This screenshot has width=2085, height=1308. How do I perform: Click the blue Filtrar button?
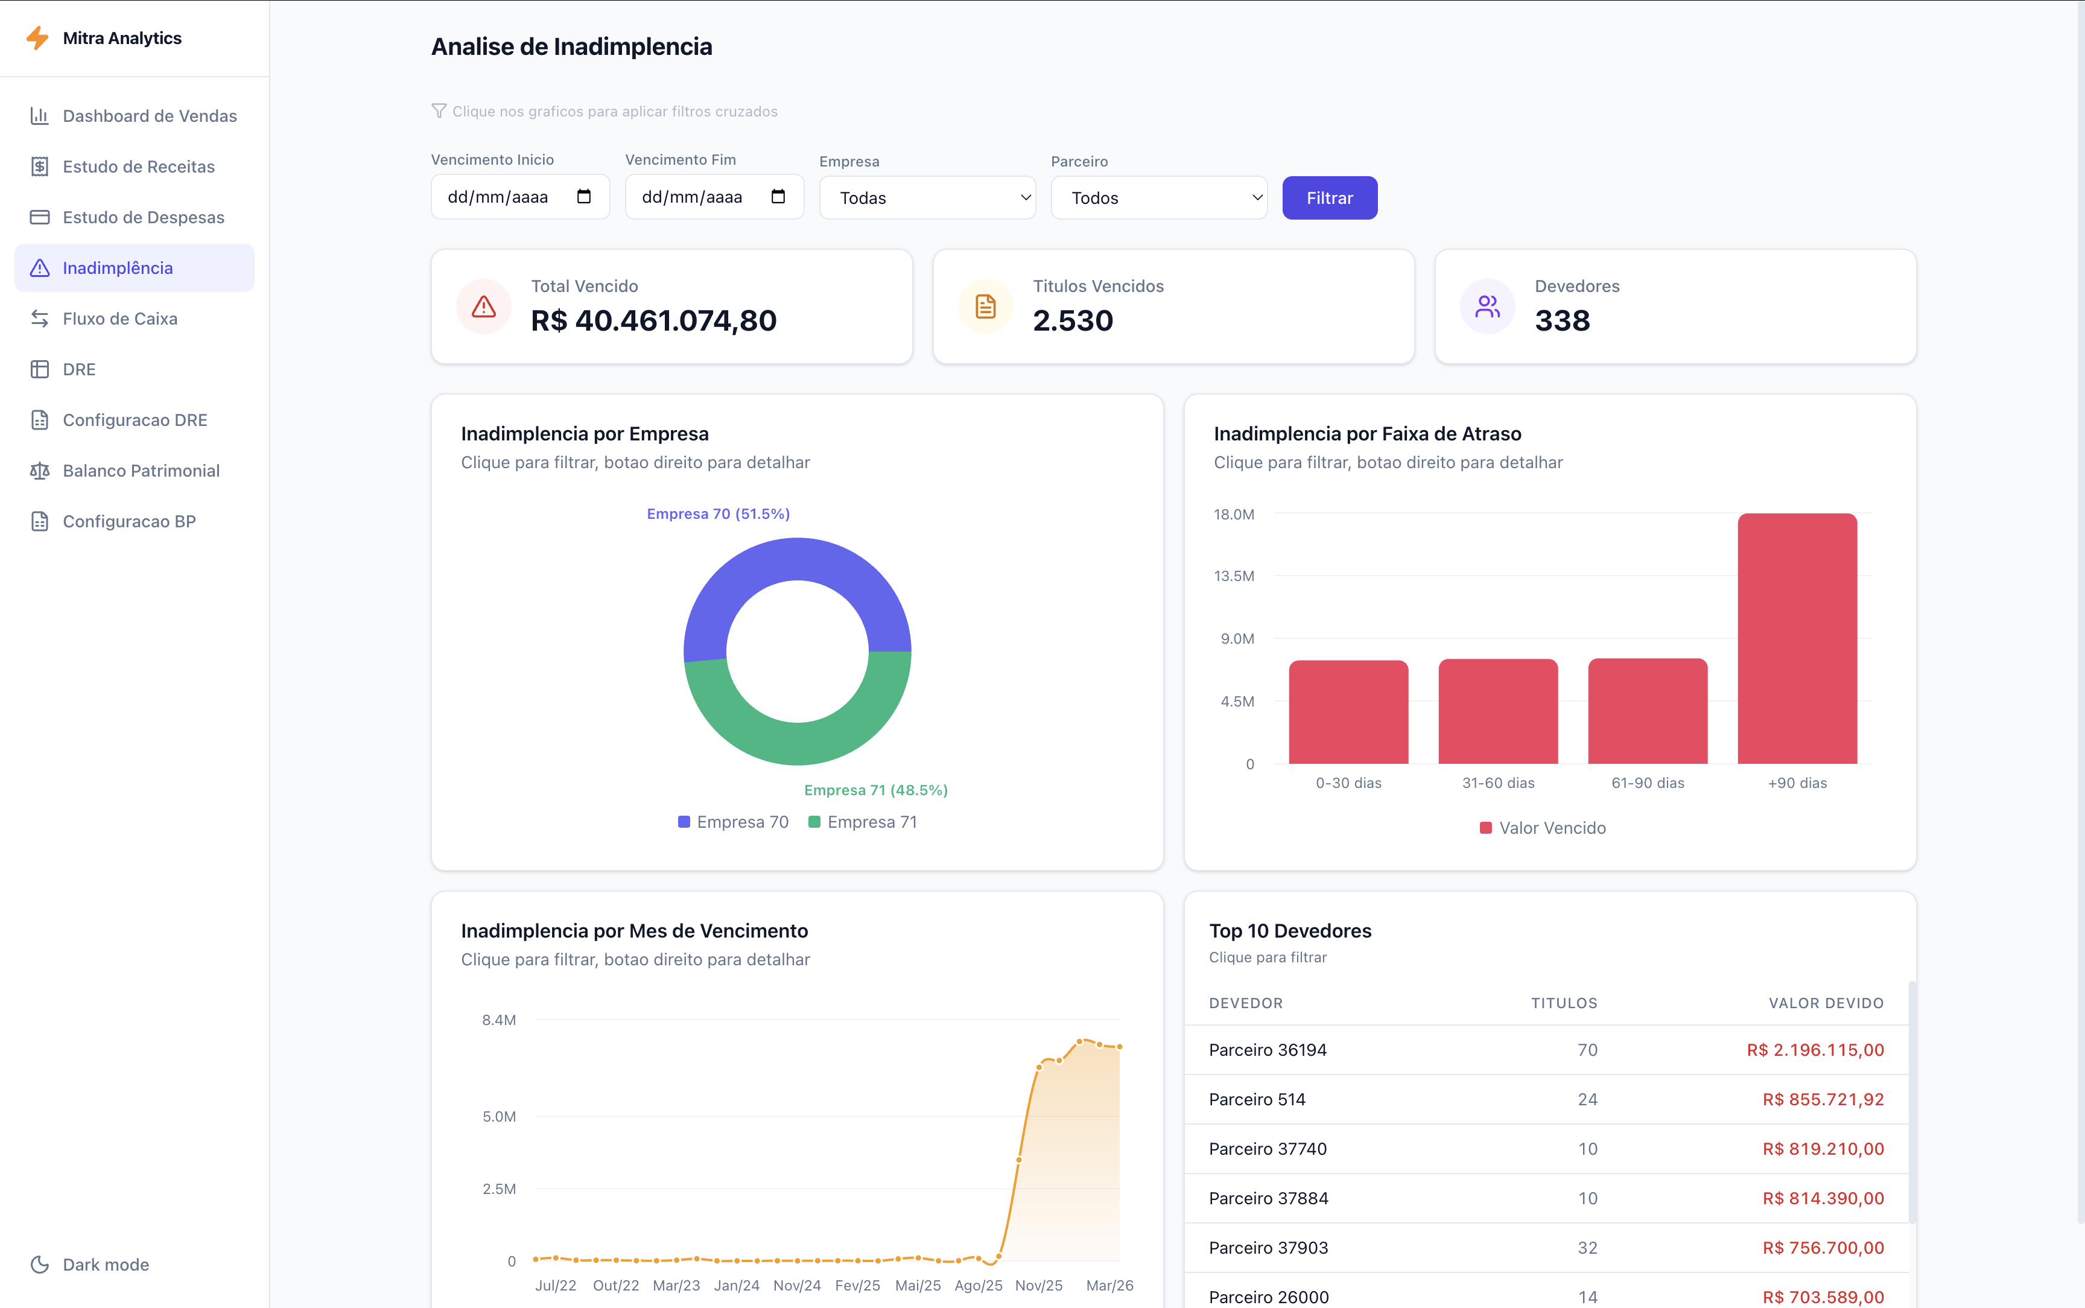(x=1329, y=198)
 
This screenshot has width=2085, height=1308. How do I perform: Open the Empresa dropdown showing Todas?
(x=927, y=198)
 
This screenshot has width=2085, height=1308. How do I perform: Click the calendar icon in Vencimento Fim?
(x=778, y=196)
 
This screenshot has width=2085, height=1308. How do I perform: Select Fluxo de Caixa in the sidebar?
(x=119, y=319)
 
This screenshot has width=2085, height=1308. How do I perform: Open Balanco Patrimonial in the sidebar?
(x=141, y=471)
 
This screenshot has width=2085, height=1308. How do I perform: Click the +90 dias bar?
(x=1797, y=640)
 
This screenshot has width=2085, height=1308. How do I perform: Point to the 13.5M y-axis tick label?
(x=1234, y=576)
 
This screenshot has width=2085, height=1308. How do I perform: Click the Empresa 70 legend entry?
(x=734, y=822)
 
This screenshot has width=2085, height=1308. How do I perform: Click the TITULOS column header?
(x=1564, y=1003)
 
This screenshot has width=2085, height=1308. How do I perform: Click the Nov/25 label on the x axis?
(x=1039, y=1286)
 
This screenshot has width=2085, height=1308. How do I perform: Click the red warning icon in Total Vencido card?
(x=483, y=306)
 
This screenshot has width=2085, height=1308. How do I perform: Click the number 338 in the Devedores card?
(x=1562, y=321)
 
